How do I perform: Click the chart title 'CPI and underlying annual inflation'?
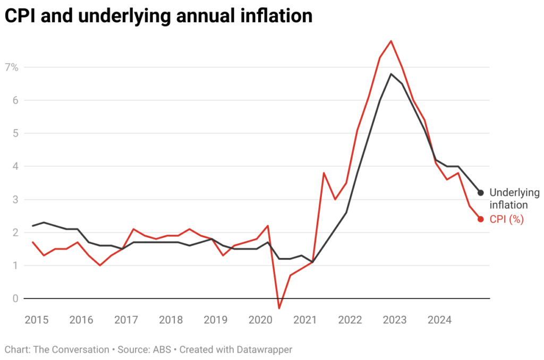point(158,16)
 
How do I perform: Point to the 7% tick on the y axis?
point(12,67)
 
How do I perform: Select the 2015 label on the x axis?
point(36,320)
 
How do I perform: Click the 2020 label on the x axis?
point(260,320)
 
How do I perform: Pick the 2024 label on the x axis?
point(439,320)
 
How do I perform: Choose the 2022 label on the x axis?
point(350,320)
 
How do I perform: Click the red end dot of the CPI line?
point(480,219)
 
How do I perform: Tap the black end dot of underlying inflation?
point(480,192)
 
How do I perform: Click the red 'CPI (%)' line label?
point(506,219)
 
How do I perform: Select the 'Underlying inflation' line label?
point(514,199)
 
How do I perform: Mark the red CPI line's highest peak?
point(391,41)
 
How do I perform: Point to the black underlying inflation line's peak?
point(391,74)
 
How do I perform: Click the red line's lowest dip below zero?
point(279,308)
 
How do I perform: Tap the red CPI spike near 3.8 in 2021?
point(324,173)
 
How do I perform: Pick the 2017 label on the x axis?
point(126,320)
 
